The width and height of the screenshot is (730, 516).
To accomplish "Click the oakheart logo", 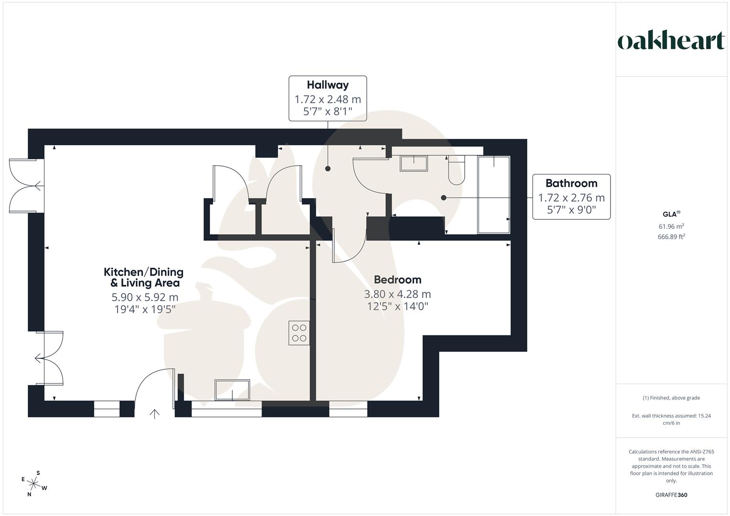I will tap(671, 41).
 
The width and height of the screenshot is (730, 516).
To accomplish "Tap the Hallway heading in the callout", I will tap(327, 85).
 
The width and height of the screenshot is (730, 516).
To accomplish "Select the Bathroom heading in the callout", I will tap(571, 183).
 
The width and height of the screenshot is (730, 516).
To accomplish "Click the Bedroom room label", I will tap(397, 280).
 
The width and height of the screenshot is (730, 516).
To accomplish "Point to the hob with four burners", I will tap(299, 333).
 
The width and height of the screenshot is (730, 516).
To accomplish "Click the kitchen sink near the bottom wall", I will tap(232, 390).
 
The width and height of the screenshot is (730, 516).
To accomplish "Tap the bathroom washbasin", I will tap(414, 163).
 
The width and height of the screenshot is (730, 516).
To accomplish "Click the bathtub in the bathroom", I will tap(494, 194).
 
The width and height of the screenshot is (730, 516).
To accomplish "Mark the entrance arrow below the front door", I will tap(154, 414).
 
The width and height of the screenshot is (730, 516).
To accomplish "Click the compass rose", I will tap(34, 484).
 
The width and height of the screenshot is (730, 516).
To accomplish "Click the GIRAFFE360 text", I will tap(671, 495).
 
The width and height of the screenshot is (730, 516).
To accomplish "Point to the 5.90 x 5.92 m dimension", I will tap(145, 297).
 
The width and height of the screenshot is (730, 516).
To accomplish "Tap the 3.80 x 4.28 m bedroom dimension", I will tap(397, 294).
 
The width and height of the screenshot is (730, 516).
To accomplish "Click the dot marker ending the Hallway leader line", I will tap(328, 169).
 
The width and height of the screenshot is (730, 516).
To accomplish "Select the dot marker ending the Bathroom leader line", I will tap(444, 198).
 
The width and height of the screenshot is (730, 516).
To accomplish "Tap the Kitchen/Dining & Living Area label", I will tap(144, 277).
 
